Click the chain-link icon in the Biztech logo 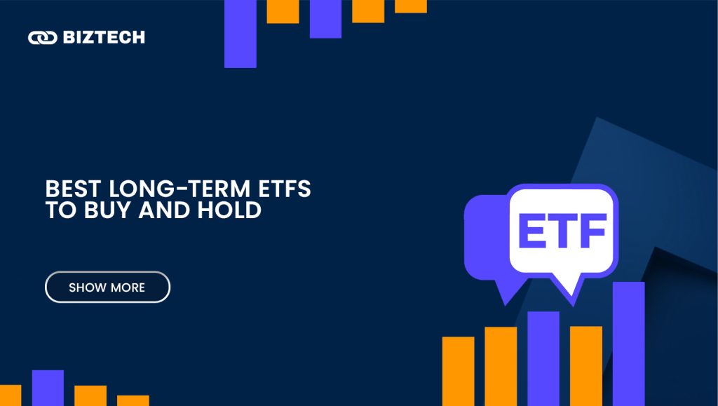(x=42, y=37)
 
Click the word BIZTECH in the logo (x=104, y=37)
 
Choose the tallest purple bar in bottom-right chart (x=628, y=344)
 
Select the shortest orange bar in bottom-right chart (x=458, y=371)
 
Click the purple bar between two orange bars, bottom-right (x=543, y=358)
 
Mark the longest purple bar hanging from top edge (x=240, y=34)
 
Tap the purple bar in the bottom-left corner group (x=48, y=388)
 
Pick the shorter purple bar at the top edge (x=325, y=18)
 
